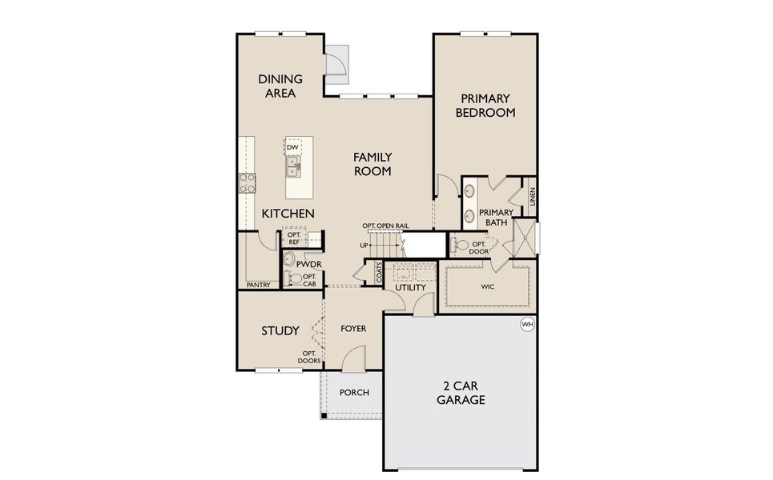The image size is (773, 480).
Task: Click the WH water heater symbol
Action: (527, 324)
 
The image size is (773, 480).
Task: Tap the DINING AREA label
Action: (280, 86)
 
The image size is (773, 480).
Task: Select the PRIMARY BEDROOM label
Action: (485, 106)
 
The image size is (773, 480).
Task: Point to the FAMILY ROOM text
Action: (372, 164)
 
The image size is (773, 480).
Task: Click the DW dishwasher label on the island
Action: (292, 148)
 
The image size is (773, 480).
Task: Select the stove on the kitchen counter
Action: (247, 183)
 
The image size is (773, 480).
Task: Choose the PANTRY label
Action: (258, 285)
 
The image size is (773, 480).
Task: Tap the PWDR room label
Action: (308, 263)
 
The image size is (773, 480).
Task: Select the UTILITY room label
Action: (410, 287)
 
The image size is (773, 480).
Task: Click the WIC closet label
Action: (487, 286)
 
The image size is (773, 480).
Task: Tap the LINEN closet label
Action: (532, 197)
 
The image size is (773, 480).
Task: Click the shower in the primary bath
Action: (525, 236)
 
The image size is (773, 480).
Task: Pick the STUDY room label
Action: (280, 330)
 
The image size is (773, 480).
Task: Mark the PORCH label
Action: (354, 393)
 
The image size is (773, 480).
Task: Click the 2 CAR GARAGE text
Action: (461, 392)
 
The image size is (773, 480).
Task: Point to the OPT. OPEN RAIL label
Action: (384, 226)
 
